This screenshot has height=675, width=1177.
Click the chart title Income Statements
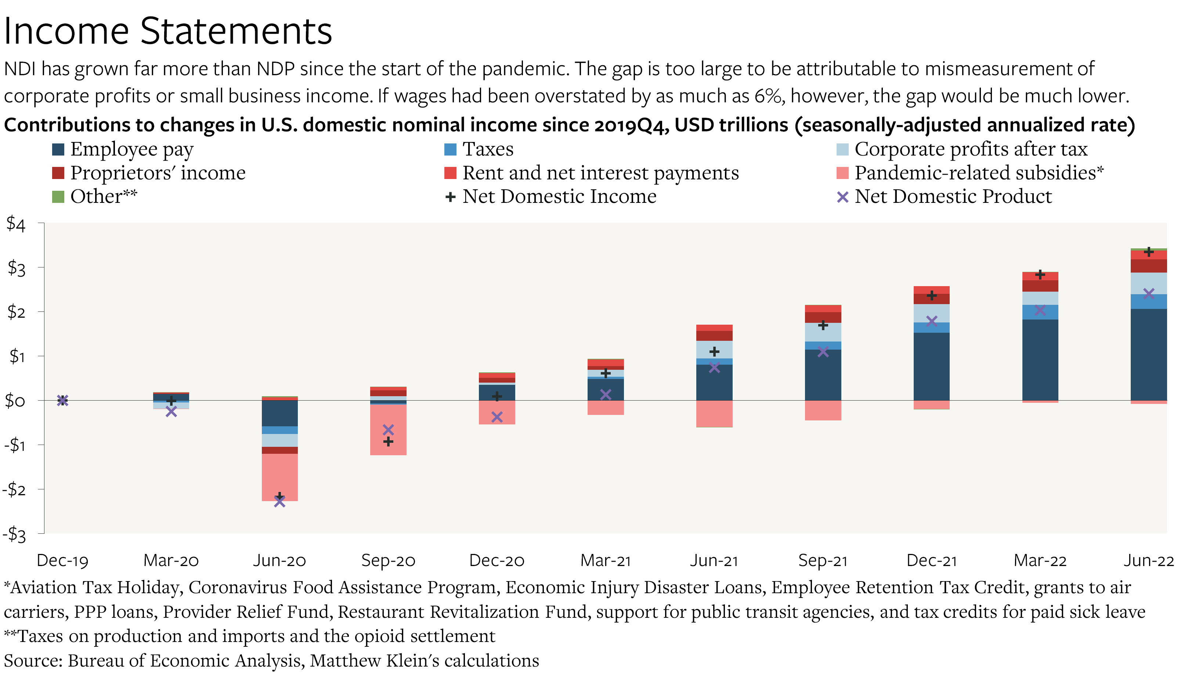[x=167, y=32]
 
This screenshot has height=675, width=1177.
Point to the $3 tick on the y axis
[x=17, y=268]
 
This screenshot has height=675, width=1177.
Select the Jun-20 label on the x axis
[x=279, y=561]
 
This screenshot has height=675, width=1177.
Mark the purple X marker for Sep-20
[x=388, y=430]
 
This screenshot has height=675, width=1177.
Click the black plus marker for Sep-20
[x=388, y=441]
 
